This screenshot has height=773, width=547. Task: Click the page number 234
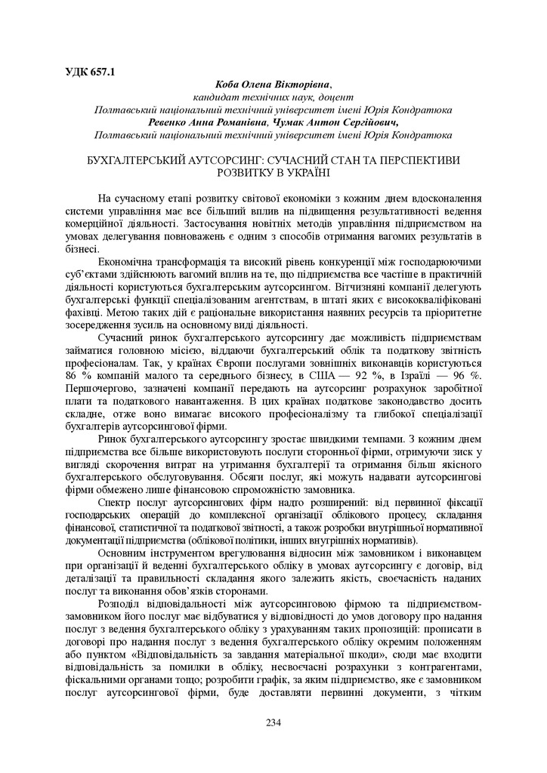pyautogui.click(x=273, y=722)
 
